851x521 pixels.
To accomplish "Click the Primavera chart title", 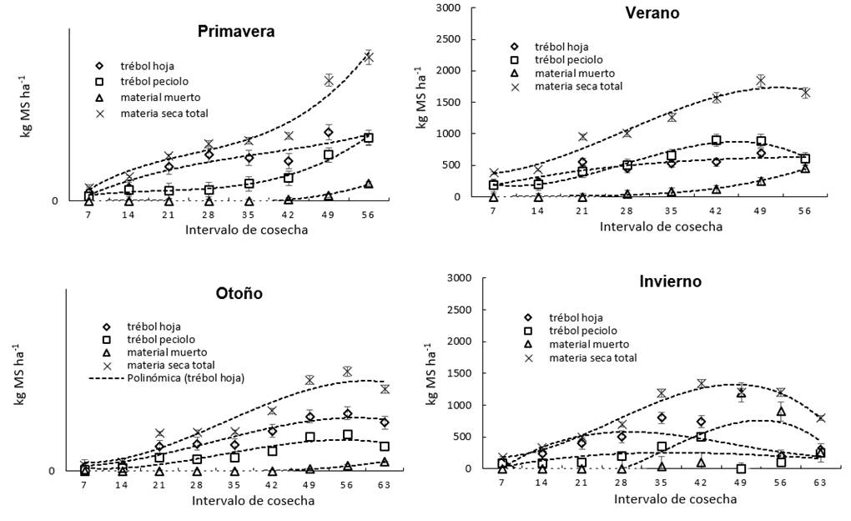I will [236, 32].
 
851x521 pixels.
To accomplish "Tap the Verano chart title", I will [652, 13].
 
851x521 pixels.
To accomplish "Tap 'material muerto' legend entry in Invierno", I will [588, 344].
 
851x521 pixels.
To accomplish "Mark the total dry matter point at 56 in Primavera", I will [368, 57].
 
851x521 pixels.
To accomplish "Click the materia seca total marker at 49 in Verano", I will [761, 80].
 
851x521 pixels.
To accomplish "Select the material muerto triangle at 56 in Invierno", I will [782, 411].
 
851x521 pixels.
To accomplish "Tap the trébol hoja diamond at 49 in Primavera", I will [329, 132].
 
